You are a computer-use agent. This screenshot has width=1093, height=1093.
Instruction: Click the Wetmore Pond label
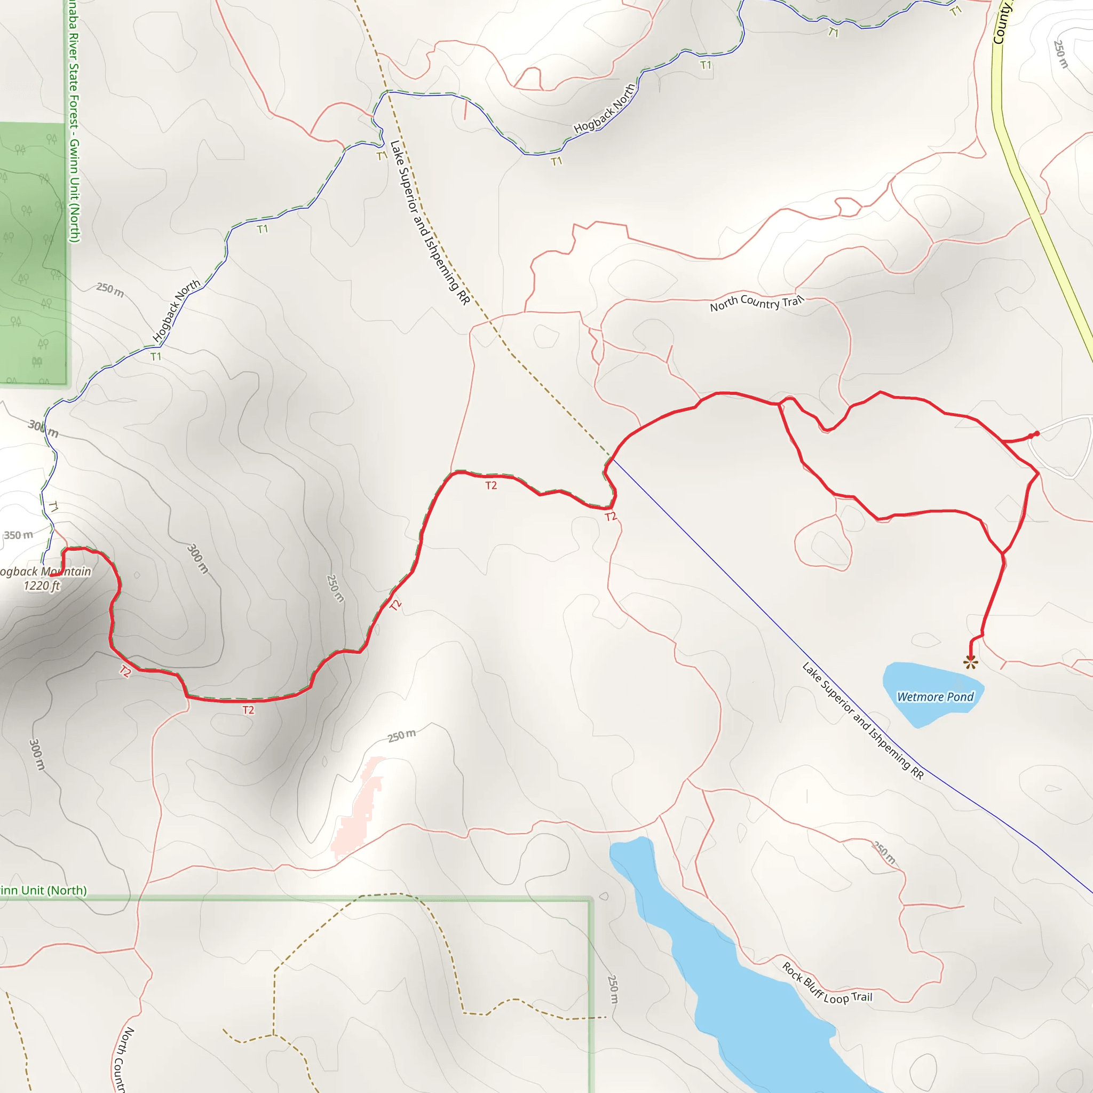(935, 697)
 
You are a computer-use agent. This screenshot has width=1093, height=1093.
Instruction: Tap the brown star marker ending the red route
(971, 662)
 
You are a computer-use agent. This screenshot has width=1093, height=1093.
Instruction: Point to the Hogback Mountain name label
(45, 572)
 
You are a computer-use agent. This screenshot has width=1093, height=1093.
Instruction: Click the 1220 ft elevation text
(41, 586)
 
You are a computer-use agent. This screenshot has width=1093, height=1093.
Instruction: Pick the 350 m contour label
(19, 535)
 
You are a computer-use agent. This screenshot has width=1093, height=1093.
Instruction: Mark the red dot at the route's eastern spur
(1036, 434)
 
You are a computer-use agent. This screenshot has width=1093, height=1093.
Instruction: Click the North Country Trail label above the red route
(756, 303)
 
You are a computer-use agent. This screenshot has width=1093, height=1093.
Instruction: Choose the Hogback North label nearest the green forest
(176, 311)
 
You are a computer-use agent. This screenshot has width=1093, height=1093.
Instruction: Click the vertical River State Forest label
(74, 124)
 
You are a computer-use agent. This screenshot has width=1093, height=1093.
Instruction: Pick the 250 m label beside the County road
(1060, 54)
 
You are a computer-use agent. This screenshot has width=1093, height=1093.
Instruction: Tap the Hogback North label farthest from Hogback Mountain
(604, 109)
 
